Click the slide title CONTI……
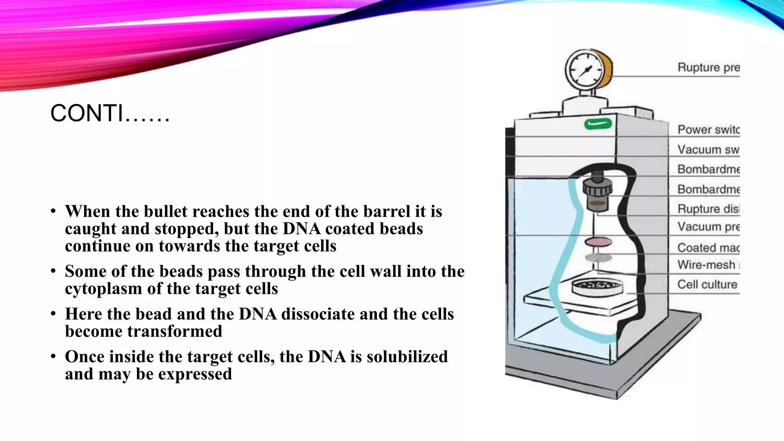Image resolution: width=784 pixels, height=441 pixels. (110, 114)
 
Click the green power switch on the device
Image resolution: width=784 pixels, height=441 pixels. (598, 124)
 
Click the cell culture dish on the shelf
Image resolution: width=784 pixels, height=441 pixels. (597, 287)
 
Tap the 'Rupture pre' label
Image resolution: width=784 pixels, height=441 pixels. (708, 67)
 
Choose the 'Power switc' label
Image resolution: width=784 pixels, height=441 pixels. (708, 129)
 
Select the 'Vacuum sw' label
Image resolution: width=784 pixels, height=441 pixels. (708, 149)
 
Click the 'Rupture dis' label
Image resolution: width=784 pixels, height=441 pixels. (708, 209)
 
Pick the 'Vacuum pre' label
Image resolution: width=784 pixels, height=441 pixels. (708, 227)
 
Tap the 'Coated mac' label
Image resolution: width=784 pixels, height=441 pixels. (708, 248)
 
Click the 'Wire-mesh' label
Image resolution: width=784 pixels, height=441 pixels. (706, 265)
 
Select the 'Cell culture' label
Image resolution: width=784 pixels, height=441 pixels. (707, 284)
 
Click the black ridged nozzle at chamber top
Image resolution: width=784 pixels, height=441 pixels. (598, 188)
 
